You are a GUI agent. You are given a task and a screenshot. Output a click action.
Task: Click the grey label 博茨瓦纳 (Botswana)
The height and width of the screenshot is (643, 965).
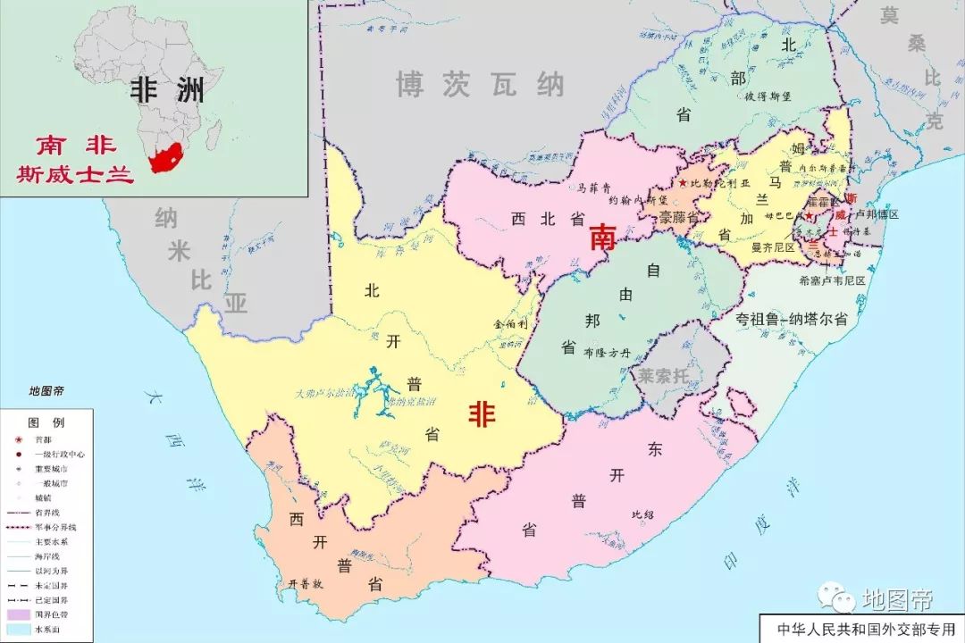480,85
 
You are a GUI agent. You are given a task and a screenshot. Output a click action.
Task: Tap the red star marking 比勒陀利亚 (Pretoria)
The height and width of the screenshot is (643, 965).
684,183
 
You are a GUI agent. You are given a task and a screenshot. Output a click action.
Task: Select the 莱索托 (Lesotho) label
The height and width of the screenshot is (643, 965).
663,376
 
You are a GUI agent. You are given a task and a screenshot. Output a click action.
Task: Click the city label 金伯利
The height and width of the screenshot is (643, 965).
510,325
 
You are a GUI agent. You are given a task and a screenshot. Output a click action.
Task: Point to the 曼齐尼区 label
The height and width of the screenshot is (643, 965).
773,246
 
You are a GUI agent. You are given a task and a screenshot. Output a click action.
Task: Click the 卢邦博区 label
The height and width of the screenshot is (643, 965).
877,215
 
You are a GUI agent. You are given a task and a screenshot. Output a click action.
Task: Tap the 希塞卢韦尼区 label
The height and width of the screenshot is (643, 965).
832,280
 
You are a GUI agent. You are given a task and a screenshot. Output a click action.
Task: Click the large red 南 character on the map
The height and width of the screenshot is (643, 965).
603,237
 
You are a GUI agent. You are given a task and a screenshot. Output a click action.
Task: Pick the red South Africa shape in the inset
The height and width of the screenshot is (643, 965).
165,159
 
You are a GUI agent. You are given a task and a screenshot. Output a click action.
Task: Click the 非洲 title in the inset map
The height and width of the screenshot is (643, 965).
167,88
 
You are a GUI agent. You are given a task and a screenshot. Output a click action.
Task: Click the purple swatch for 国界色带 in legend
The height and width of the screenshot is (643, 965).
18,614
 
